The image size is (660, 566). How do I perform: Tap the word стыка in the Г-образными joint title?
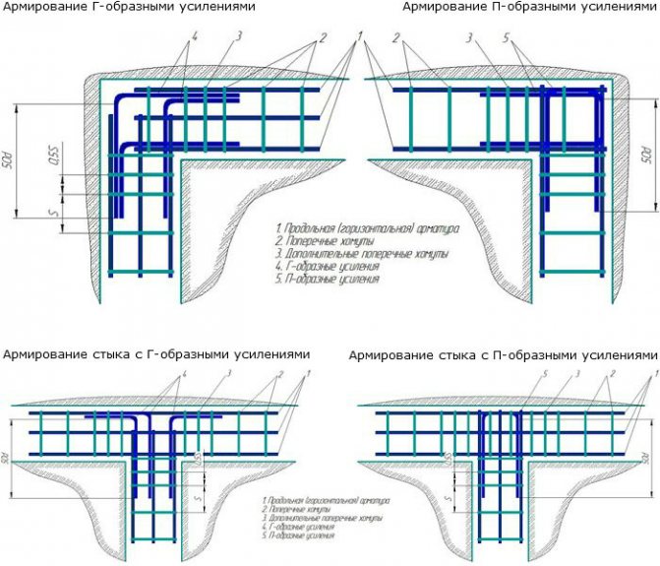115,353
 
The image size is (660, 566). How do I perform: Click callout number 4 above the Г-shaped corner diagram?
195,36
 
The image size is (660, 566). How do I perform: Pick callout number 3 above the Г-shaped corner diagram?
239,36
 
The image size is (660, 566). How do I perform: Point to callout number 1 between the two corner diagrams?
362,36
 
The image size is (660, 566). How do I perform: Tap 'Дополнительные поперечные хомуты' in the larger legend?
346,254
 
